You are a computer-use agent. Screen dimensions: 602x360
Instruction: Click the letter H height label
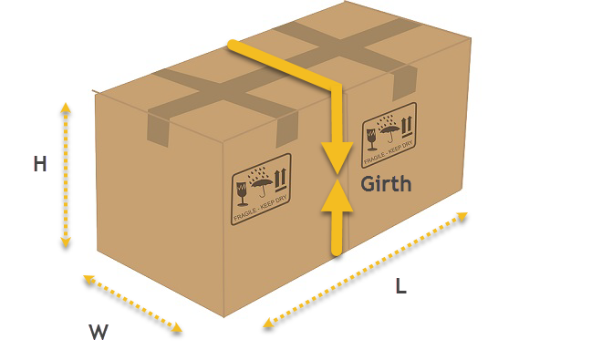coord(40,164)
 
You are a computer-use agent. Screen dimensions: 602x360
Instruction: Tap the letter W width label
coord(99,332)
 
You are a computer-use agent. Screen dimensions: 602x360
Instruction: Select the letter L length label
coord(400,286)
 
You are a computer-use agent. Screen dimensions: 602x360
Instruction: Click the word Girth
coord(386,184)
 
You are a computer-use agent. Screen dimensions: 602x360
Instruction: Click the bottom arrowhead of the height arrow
coord(66,242)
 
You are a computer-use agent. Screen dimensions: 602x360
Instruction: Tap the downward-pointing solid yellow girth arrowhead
coord(337,158)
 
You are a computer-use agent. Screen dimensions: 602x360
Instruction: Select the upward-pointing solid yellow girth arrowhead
coord(337,195)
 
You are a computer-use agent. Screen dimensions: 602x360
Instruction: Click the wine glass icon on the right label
coord(371,139)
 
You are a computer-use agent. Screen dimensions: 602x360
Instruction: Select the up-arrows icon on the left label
coord(280,180)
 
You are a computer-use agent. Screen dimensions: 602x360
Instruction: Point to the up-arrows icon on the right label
coord(407,127)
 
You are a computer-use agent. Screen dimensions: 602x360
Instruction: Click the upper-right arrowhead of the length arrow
coord(462,217)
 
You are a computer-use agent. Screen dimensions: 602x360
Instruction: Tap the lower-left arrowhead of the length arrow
coord(268,323)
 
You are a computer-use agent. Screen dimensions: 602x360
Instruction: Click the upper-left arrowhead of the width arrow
coord(88,279)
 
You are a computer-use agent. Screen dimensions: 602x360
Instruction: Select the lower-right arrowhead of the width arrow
coord(177,327)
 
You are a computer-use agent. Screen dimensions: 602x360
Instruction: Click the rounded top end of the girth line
coord(233,45)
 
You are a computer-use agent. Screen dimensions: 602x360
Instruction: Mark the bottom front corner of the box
coord(223,317)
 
